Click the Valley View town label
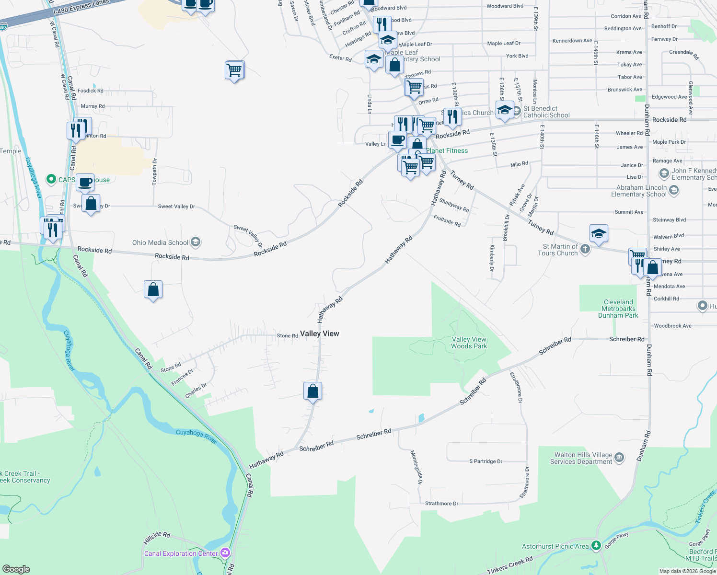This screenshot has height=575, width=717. tap(319, 333)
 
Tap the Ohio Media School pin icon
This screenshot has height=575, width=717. tap(196, 242)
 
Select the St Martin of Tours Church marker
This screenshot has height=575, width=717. tap(585, 249)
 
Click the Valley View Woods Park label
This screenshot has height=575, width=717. tap(469, 343)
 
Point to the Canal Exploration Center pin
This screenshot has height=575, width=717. tap(225, 553)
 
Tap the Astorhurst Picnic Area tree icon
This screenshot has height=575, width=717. tap(596, 545)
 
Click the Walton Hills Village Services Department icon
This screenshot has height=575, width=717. tap(619, 457)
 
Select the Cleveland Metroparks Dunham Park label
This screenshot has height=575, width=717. tap(618, 309)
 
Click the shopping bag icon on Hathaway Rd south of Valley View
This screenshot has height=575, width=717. tap(312, 391)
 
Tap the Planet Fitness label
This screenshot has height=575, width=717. tap(447, 150)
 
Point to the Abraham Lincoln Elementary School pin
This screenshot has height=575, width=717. tap(674, 191)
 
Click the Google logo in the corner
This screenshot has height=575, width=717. tap(16, 569)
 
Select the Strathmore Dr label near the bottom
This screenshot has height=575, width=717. tap(441, 504)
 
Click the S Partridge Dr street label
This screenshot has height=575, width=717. tap(486, 461)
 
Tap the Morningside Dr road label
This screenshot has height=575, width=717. tap(416, 467)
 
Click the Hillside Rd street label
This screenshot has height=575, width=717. tap(157, 538)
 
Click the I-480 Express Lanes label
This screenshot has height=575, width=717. tap(81, 7)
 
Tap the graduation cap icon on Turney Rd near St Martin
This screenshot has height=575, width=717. tap(598, 234)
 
